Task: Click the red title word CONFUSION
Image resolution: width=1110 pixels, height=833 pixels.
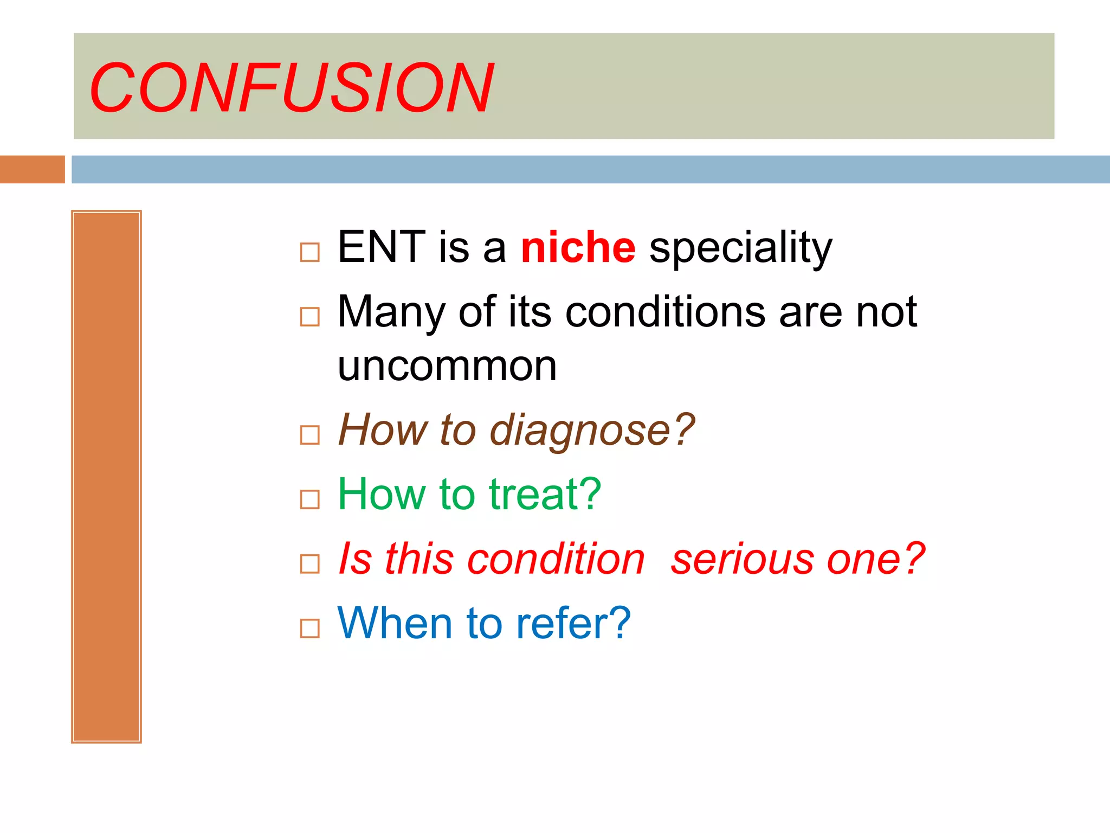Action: tap(292, 88)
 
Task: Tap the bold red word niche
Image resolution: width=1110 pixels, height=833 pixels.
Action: tap(578, 248)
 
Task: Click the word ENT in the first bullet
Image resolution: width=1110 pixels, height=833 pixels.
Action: tap(381, 247)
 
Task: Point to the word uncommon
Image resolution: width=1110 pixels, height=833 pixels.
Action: tap(447, 367)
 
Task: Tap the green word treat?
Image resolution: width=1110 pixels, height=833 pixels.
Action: tap(545, 495)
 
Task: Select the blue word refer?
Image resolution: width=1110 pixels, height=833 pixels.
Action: tap(573, 624)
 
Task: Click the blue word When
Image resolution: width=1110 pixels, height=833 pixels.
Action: tap(395, 624)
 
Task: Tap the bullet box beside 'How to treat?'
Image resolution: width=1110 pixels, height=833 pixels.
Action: tap(309, 499)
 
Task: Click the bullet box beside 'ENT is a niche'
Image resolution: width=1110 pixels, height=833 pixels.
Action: tap(309, 252)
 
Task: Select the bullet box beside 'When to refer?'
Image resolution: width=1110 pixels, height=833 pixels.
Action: tap(309, 629)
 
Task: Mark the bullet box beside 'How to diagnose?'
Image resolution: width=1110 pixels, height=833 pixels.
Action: tap(309, 435)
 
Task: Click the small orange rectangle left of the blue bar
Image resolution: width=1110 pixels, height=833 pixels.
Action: tap(32, 169)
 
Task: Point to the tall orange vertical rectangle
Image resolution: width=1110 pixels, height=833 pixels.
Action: tap(106, 476)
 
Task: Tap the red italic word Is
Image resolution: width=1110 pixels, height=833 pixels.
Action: tap(355, 559)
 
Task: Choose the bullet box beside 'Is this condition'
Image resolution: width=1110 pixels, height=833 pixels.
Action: tap(309, 564)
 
